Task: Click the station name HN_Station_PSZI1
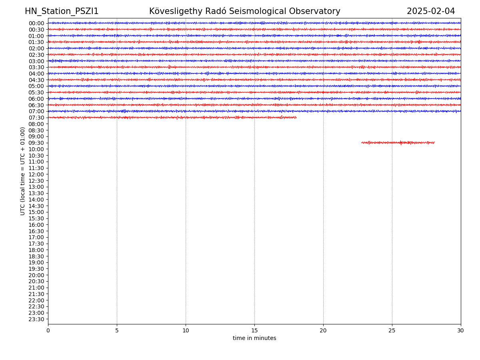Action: point(62,12)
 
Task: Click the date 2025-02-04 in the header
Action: point(431,12)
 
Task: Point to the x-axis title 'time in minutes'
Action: point(254,338)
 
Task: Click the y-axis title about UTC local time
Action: point(23,171)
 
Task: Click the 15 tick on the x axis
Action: point(254,331)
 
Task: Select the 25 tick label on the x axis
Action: point(392,331)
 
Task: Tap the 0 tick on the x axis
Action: point(48,331)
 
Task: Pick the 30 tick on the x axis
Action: point(461,331)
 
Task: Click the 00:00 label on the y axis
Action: point(36,23)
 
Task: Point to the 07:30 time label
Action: point(36,118)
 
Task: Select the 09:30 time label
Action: point(36,143)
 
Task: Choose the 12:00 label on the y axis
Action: point(36,174)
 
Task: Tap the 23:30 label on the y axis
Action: point(36,319)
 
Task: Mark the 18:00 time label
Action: point(36,250)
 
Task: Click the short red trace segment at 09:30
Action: point(398,142)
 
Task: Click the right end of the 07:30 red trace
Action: point(296,118)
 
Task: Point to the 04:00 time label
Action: point(36,74)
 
